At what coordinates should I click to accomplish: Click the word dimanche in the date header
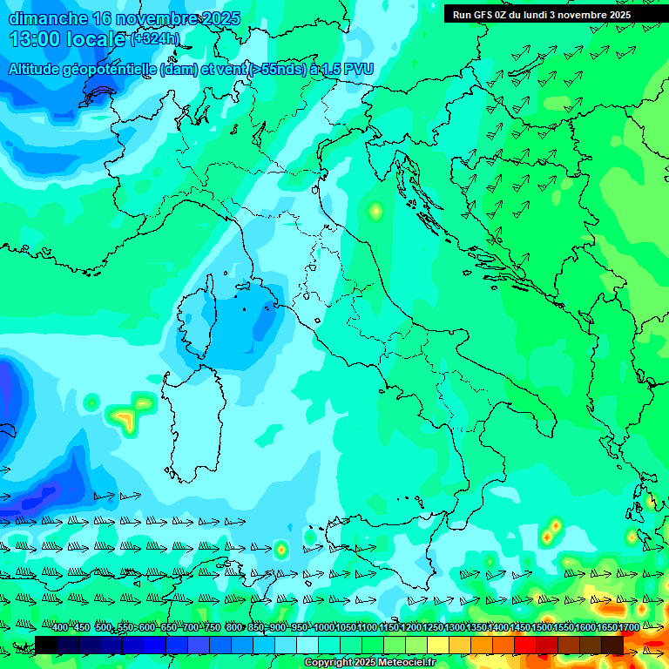(47, 18)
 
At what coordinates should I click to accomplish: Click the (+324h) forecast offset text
(155, 39)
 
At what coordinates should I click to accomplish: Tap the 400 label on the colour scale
(60, 627)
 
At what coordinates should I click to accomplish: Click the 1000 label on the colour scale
(324, 627)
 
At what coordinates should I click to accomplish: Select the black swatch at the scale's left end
(45, 645)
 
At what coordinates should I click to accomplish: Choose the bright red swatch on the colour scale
(525, 645)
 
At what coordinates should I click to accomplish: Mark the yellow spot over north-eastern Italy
(375, 210)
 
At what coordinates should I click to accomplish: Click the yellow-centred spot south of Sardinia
(280, 550)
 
